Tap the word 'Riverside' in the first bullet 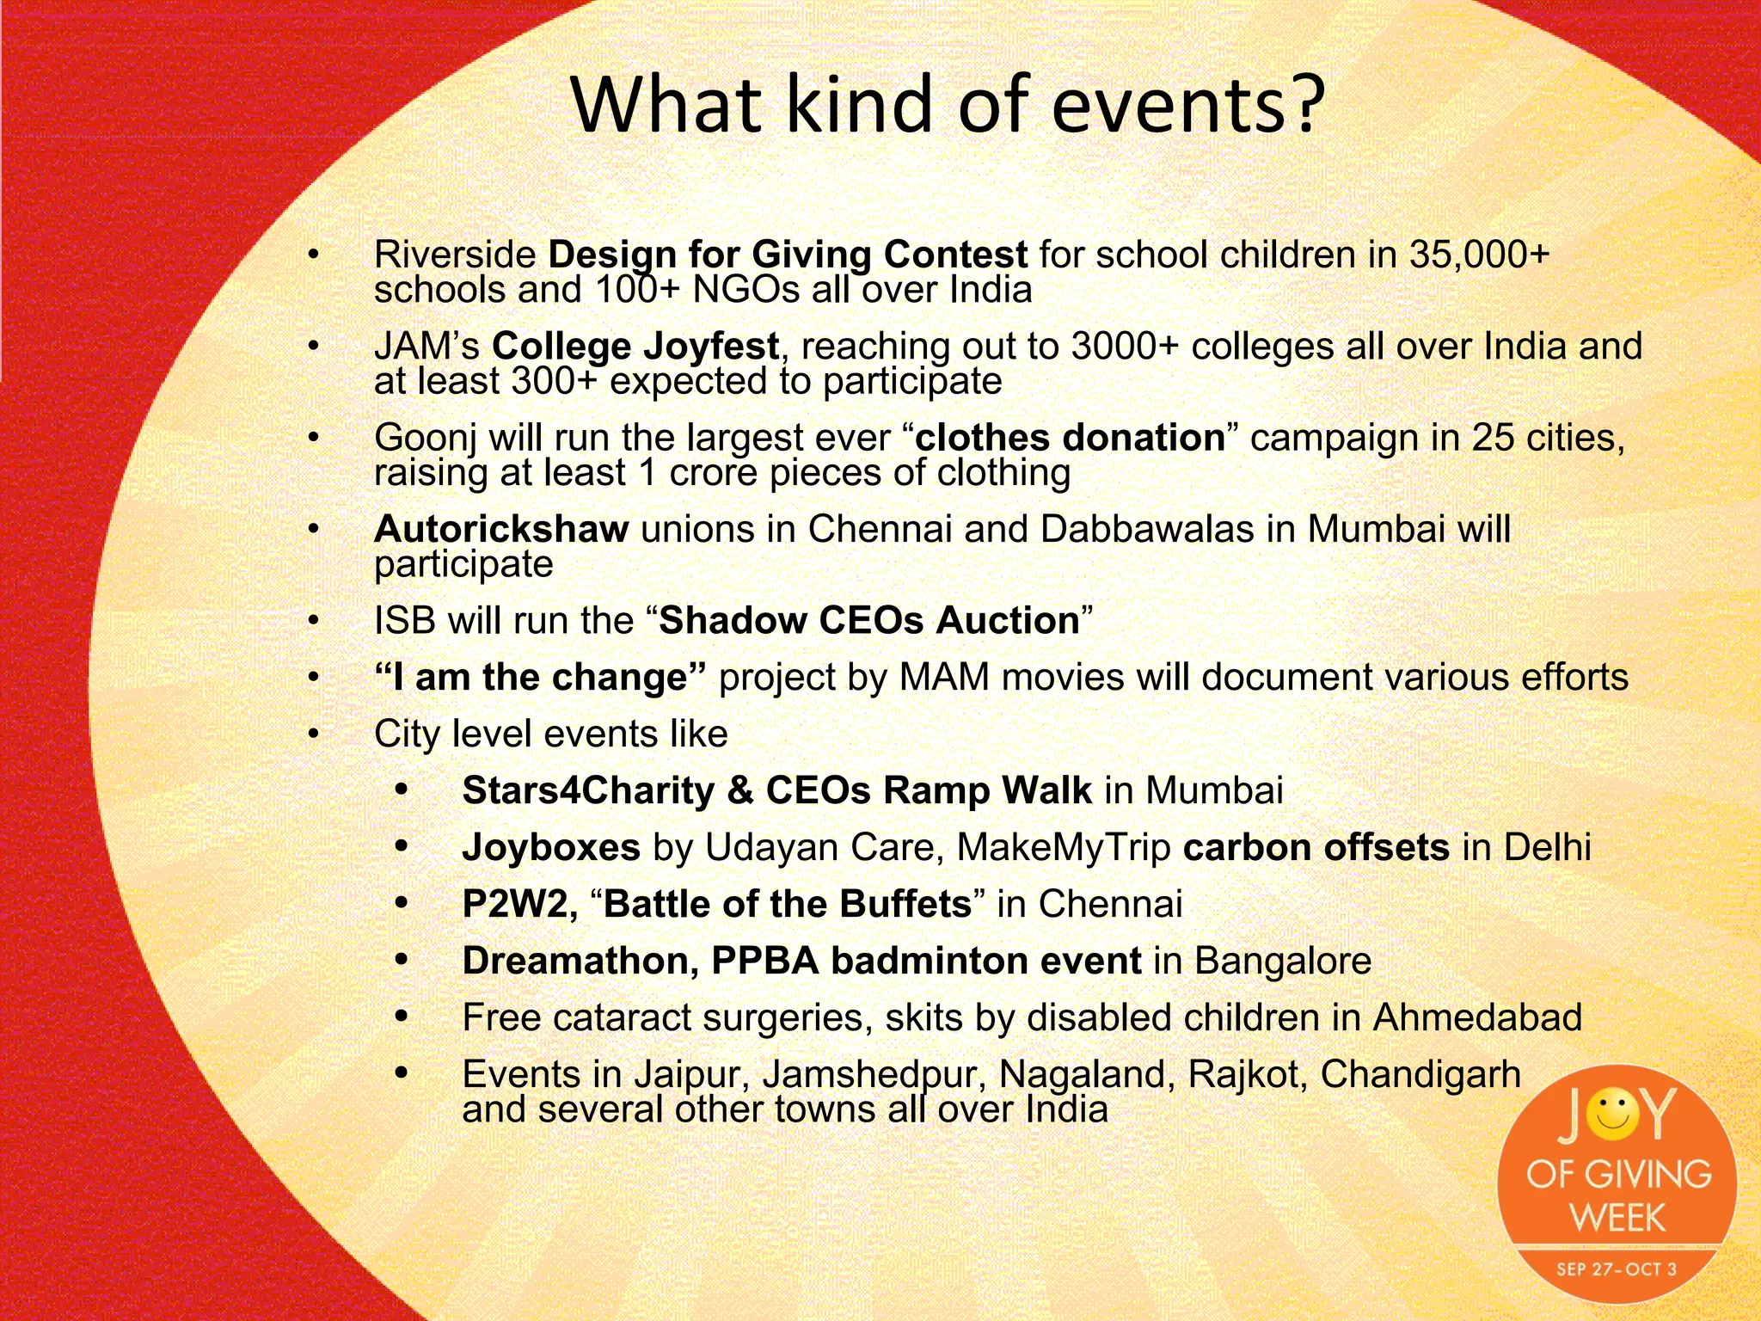coord(455,255)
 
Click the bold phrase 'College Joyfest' coord(635,347)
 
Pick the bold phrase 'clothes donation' coord(1070,438)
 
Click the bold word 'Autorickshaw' coord(501,529)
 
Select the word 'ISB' coord(404,621)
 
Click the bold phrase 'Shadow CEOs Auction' coord(868,621)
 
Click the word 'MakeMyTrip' coord(1063,848)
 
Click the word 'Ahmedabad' coord(1476,1018)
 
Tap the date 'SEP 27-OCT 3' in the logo coord(1616,1269)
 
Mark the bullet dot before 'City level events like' coord(314,734)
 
